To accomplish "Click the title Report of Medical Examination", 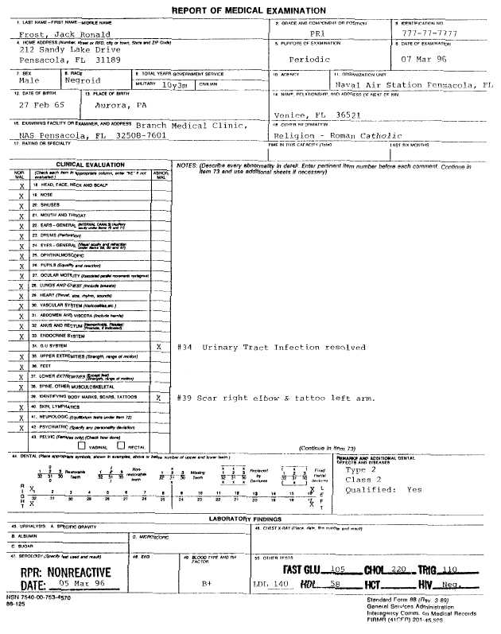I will pos(248,10).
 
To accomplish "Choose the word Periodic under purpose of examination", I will pos(309,60).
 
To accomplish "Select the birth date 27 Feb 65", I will pos(40,104).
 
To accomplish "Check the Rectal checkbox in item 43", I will pos(110,447).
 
